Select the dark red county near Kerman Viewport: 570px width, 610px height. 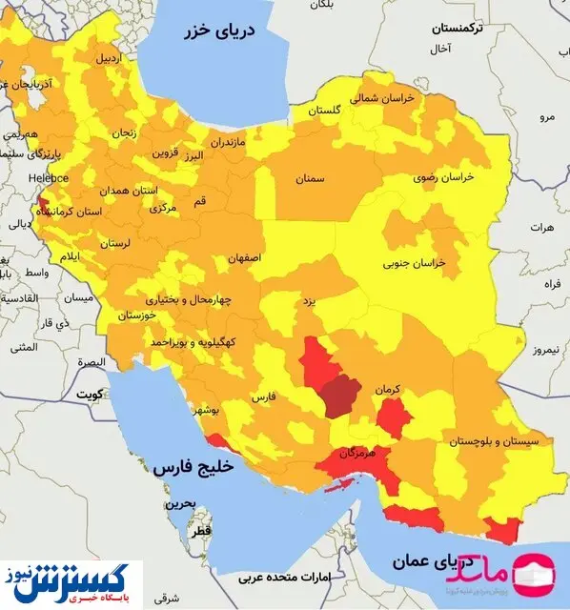click(340, 395)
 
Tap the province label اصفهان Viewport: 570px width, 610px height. click(244, 258)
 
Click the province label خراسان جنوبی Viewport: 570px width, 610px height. click(415, 261)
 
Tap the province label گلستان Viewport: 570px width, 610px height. click(324, 111)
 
